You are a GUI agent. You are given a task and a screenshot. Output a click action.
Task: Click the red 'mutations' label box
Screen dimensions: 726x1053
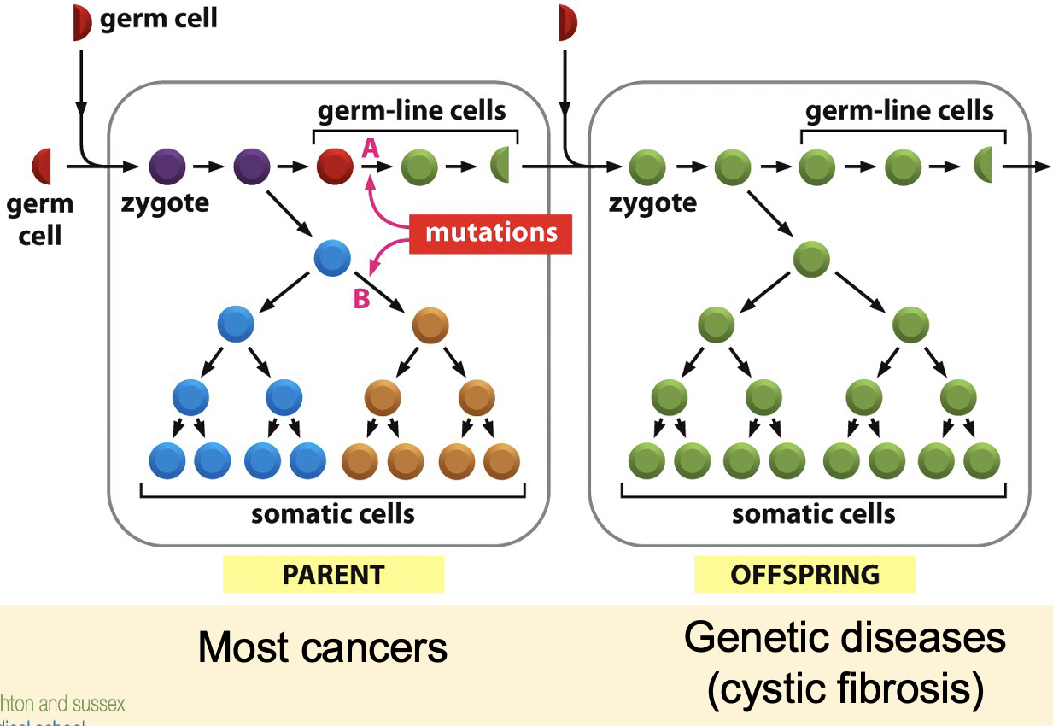click(491, 231)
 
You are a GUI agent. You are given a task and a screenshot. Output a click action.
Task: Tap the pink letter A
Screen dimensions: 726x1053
click(370, 149)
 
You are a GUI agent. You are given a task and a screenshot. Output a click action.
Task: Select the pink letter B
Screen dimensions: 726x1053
click(361, 300)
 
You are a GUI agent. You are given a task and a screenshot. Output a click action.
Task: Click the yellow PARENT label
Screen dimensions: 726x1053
click(333, 574)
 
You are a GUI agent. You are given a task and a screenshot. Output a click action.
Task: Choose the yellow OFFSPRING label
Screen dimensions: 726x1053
click(804, 574)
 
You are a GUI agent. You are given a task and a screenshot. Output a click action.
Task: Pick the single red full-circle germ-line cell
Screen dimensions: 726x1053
click(335, 166)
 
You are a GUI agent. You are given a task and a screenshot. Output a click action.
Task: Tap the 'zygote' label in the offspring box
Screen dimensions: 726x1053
click(652, 203)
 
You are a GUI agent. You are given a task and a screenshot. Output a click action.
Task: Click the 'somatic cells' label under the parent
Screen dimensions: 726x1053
click(333, 514)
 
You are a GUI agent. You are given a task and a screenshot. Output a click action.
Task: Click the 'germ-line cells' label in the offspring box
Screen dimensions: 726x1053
click(900, 110)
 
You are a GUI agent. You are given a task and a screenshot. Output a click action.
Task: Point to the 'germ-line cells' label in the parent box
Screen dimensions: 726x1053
click(412, 110)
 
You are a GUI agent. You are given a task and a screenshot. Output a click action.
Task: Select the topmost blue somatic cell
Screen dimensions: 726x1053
click(332, 258)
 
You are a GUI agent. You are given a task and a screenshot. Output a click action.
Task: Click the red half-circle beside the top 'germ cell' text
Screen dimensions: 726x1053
click(81, 22)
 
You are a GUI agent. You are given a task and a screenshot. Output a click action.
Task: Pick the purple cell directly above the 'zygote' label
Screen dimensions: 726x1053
click(167, 166)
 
